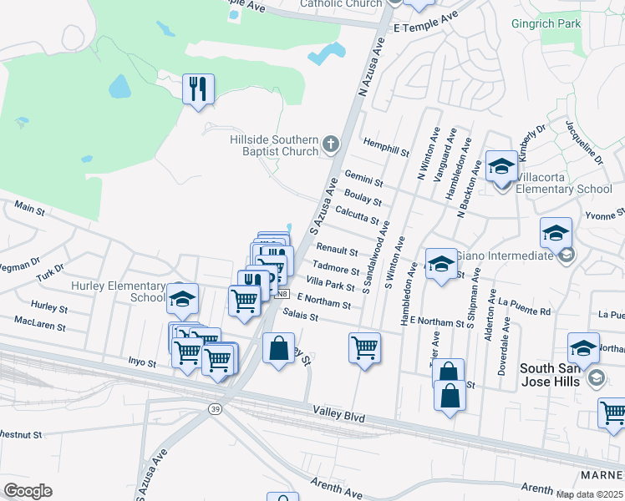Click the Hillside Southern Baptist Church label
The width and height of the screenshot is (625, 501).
tap(275, 145)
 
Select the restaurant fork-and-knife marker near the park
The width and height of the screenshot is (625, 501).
tap(198, 89)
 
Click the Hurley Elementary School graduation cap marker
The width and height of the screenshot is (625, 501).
tap(183, 298)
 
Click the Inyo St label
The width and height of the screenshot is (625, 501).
tap(141, 363)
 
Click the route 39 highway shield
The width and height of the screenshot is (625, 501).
tap(214, 408)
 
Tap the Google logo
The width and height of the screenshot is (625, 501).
tap(28, 491)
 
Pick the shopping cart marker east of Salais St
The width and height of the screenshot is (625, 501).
tap(365, 347)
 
